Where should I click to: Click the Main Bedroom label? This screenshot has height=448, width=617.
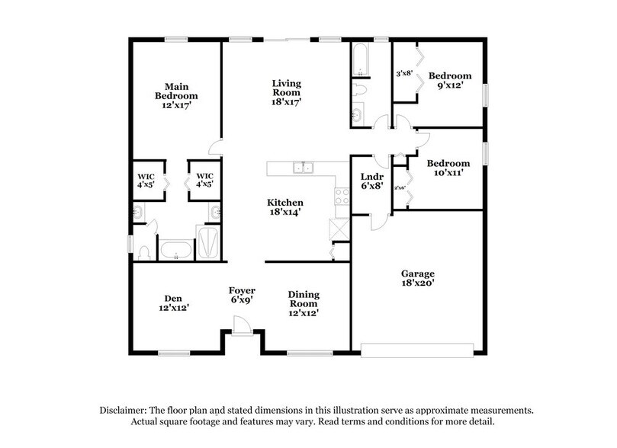[x=176, y=96]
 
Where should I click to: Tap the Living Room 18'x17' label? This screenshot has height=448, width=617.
[x=287, y=91]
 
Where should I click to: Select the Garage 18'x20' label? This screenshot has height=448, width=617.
[x=418, y=278]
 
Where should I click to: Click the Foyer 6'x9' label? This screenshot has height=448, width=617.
[x=243, y=296]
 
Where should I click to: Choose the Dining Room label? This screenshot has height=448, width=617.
[x=303, y=302]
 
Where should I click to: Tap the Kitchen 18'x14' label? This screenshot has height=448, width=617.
[x=285, y=207]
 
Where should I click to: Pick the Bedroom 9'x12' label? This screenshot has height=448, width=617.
[x=449, y=81]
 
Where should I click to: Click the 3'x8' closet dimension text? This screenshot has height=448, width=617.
[x=404, y=74]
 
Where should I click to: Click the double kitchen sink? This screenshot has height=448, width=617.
[x=303, y=168]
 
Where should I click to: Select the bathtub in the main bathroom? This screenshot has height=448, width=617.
[x=177, y=250]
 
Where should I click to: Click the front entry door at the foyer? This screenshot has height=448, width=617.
[x=242, y=327]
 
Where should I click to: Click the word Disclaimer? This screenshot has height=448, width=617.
[x=127, y=410]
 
